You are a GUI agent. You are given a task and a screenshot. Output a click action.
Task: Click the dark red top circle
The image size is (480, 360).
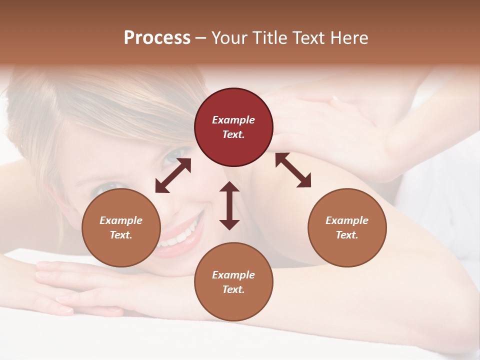233,127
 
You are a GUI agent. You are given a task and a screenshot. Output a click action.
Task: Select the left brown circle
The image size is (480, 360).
121,227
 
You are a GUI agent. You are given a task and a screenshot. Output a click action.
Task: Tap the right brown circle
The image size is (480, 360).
347,227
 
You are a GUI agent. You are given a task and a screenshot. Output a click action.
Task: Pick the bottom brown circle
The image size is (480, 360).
233,282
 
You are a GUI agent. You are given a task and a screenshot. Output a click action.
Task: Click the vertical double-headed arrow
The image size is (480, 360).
229,205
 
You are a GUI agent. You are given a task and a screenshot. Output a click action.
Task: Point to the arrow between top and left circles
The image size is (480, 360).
173,175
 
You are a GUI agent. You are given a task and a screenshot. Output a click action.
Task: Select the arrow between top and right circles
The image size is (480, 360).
293,170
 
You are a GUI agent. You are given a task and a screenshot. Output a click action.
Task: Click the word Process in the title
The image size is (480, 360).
157,37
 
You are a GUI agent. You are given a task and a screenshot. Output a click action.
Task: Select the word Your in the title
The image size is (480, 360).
230,37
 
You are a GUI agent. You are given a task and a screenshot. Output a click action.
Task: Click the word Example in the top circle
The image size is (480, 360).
233,120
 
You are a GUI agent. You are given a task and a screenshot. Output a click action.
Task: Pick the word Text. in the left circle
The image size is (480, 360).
121,235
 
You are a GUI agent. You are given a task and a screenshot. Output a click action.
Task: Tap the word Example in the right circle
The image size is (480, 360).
347,220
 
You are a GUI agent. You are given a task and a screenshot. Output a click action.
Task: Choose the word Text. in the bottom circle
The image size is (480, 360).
233,289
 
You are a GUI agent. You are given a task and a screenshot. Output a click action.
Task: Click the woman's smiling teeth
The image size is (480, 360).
180,235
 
